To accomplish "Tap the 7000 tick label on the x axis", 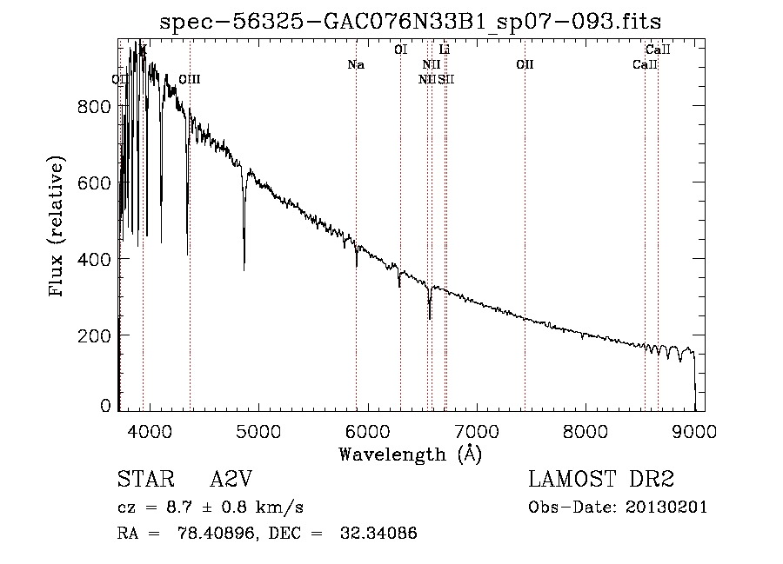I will pos(476,432).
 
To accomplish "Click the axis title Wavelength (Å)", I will pos(410,453).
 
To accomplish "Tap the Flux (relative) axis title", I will pos(58,228).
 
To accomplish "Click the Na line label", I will pos(355,65).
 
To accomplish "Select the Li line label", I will pos(444,50).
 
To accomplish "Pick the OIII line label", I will pos(189,79).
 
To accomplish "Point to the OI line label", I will pos(400,50).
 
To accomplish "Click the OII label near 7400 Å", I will pos(524,65).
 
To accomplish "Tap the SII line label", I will pos(446,79).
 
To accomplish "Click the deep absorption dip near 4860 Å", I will pos(244,265).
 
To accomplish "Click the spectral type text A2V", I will pos(231,480).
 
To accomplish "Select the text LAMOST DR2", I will pos(601,480).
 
